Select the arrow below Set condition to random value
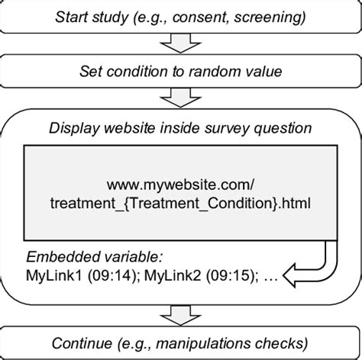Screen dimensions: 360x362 pos(181,100)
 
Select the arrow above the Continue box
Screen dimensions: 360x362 pos(181,312)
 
